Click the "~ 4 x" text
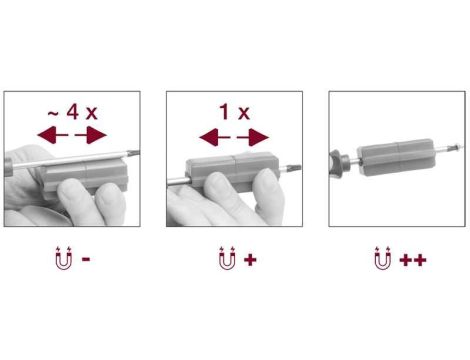(72, 112)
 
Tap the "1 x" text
(234, 112)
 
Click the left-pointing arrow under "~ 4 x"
(53, 135)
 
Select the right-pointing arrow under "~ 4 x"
(91, 135)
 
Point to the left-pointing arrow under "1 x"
(215, 137)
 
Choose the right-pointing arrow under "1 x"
(253, 137)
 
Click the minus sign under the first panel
(86, 259)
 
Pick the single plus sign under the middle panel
(250, 260)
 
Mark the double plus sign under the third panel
(413, 260)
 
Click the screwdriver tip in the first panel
(133, 153)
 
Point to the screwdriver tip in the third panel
(454, 147)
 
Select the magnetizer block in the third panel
(396, 157)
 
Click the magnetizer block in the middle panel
(232, 171)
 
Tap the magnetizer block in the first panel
(83, 178)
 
